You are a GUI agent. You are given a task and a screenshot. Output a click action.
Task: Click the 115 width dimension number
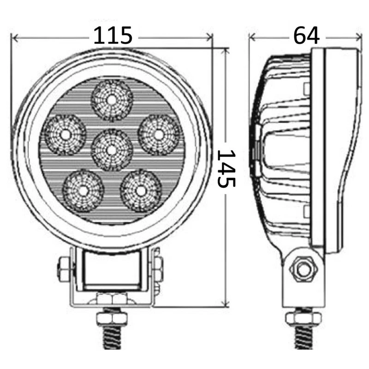point(113,36)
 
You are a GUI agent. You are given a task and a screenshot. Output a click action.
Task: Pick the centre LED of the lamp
point(111,149)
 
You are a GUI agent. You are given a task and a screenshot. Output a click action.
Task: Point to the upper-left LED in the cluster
point(65,134)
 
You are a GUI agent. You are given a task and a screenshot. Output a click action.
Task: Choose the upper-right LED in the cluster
point(159,134)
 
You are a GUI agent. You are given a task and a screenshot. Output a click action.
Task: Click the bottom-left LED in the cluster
point(83,190)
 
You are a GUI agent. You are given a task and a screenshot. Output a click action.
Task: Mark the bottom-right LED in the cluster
point(140,190)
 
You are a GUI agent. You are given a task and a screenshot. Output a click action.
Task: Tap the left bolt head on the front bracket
point(63,267)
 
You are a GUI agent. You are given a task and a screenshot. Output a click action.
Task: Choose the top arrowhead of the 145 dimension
point(226,49)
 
